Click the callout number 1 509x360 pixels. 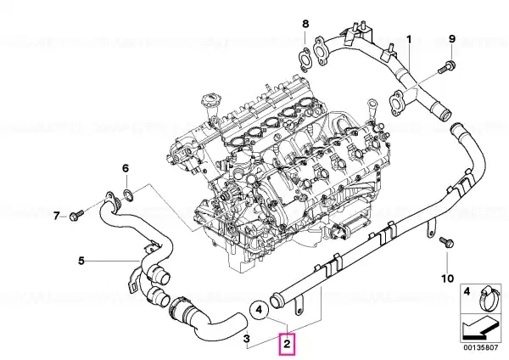409,40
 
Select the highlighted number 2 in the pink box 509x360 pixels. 287,344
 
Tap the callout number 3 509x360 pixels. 247,339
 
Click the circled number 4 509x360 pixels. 259,310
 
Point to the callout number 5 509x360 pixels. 81,261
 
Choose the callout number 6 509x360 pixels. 126,168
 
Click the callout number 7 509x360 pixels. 57,216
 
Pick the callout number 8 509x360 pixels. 305,24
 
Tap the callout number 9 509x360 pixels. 452,39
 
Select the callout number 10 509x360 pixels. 447,278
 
